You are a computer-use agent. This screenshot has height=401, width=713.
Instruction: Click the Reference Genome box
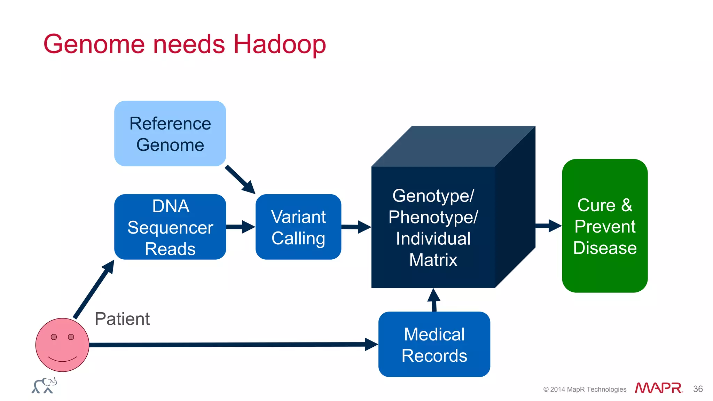click(x=170, y=134)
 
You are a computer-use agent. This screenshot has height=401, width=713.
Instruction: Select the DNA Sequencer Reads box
click(x=170, y=227)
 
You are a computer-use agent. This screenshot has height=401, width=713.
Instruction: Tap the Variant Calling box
click(x=298, y=227)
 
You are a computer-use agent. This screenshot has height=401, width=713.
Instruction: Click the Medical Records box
click(x=434, y=344)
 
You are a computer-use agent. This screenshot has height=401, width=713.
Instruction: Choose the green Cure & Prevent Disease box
click(x=605, y=226)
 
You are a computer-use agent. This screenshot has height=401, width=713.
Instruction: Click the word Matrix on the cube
click(x=433, y=260)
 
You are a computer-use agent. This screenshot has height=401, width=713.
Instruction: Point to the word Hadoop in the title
click(x=280, y=44)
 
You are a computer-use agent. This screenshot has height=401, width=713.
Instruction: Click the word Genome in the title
click(x=94, y=44)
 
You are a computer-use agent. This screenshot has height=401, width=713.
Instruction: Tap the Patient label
click(x=122, y=319)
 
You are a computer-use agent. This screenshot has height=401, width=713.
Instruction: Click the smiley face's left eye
click(x=54, y=337)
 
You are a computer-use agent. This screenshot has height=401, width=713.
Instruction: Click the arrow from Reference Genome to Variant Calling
click(x=240, y=180)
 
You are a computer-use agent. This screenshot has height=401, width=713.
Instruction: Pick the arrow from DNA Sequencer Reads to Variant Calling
click(x=241, y=227)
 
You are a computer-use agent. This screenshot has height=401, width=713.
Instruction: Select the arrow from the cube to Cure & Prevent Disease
click(x=548, y=226)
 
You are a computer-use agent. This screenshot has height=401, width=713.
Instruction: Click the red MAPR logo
click(x=658, y=388)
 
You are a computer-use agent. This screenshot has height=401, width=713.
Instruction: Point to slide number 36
click(x=698, y=389)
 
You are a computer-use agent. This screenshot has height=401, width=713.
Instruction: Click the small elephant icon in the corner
click(x=44, y=386)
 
